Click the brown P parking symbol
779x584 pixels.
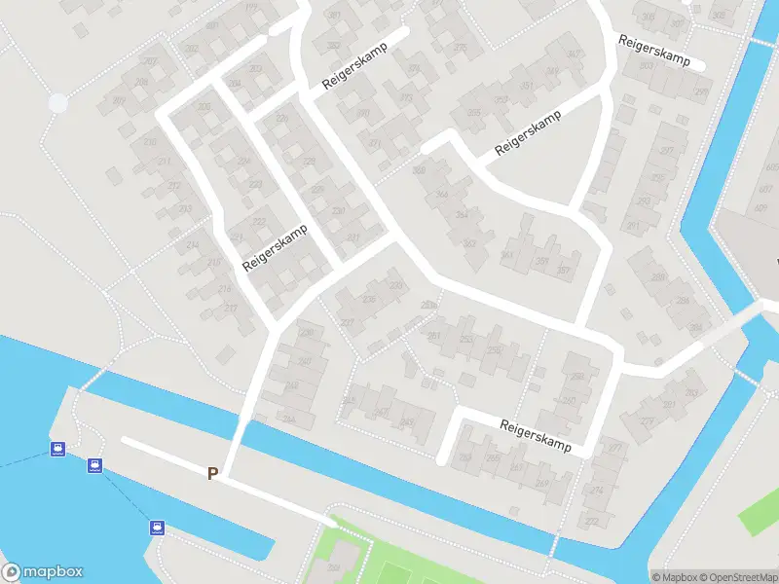click(x=212, y=473)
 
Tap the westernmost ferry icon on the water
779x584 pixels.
click(x=58, y=450)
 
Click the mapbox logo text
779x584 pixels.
click(x=43, y=572)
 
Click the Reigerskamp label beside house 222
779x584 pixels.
click(x=275, y=248)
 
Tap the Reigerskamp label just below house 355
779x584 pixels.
click(x=530, y=135)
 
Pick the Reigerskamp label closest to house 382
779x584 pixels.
click(x=355, y=68)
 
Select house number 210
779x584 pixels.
click(x=150, y=142)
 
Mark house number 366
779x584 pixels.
click(x=420, y=171)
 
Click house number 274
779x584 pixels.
click(x=597, y=491)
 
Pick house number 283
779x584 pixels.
click(x=692, y=392)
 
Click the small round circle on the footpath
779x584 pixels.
click(x=58, y=102)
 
